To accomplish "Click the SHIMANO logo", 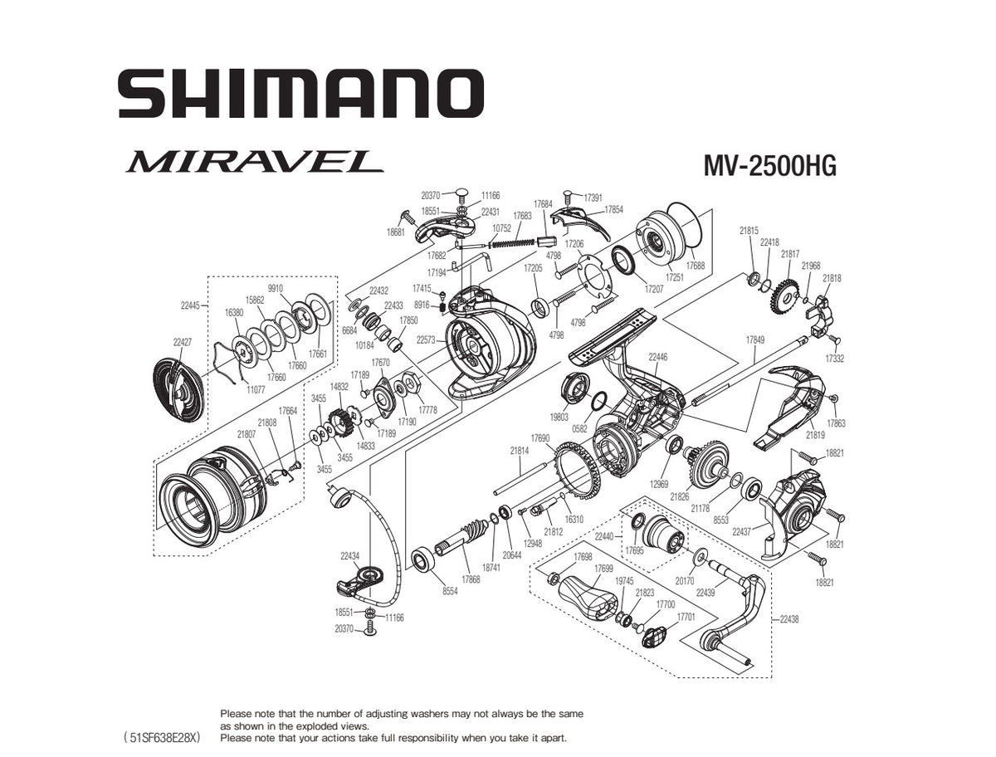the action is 300,94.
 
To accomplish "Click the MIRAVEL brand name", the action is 255,161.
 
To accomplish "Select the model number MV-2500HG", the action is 769,166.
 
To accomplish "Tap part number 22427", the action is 183,342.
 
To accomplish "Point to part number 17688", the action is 696,266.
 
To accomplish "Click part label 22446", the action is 658,357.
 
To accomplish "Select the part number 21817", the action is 790,254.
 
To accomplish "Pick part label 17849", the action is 755,339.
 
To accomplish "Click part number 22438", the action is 789,618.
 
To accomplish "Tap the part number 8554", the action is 450,591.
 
